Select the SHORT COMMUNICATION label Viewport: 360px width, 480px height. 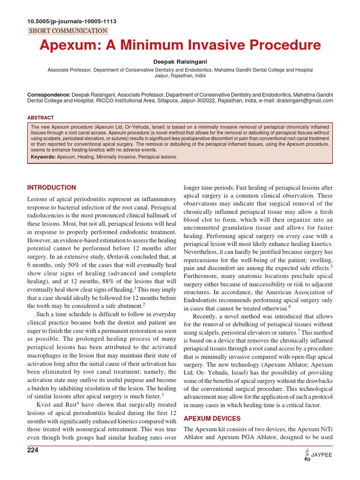[x=68, y=31]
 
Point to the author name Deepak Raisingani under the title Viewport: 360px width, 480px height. [x=180, y=62]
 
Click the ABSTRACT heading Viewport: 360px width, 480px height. [x=40, y=118]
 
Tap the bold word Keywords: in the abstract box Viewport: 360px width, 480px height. [x=43, y=157]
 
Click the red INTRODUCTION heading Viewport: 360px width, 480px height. [x=52, y=187]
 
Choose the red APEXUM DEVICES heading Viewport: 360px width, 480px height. [x=212, y=418]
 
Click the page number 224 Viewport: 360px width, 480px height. [x=33, y=450]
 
